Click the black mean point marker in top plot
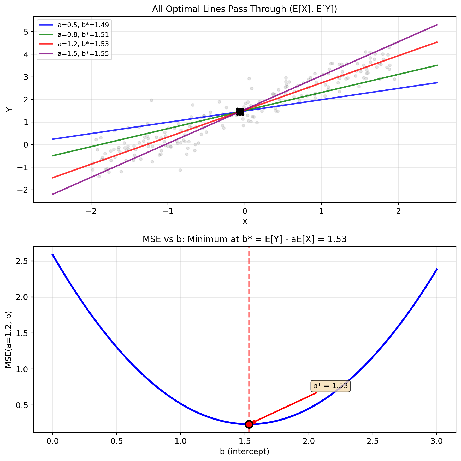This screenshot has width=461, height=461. point(240,112)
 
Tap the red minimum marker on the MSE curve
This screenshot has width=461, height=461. point(249,424)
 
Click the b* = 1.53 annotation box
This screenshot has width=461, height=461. point(330,386)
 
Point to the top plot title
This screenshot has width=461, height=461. point(245,9)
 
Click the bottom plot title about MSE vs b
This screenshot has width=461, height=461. point(245,239)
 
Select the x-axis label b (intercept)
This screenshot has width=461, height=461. point(245,451)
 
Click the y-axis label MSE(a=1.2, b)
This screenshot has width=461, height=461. point(9,339)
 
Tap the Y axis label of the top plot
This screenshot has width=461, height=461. point(9,110)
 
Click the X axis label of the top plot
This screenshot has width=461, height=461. point(245,222)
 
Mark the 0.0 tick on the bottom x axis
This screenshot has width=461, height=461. point(53,441)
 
